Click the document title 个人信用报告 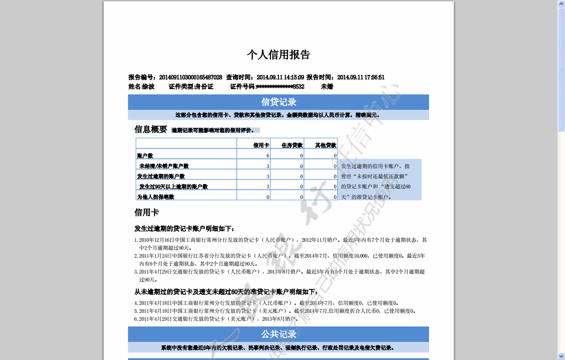279,55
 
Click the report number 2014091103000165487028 191,77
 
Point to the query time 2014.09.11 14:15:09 280,77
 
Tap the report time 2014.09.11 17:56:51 361,77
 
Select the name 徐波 148,86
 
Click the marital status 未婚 327,86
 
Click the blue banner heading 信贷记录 279,102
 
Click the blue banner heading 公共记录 279,334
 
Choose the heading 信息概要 151,129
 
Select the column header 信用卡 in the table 261,145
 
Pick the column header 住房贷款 292,145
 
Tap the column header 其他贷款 326,145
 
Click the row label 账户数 145,156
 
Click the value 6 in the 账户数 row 267,156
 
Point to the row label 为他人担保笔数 156,197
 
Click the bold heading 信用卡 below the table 147,213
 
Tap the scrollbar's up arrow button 561,4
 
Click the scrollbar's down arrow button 561,356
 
